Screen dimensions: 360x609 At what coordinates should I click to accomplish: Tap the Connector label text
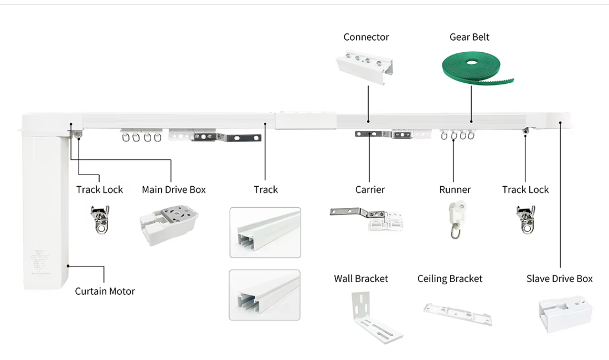point(366,37)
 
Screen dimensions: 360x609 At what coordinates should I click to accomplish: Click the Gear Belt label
point(469,37)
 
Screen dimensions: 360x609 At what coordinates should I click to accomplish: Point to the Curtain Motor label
point(105,291)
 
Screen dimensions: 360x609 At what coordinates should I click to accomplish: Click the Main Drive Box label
point(173,190)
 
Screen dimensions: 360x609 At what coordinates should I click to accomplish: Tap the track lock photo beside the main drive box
point(100,219)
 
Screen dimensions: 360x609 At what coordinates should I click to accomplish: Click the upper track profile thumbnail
point(265,232)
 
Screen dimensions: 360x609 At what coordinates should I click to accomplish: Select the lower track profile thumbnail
point(264,295)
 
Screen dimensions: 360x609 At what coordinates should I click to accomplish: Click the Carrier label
point(370,190)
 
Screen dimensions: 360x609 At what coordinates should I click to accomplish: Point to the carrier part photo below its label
point(367,218)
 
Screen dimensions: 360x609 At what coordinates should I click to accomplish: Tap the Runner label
point(455,190)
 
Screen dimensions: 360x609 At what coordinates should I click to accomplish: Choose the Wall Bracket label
point(361,279)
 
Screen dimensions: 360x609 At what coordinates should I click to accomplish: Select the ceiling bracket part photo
point(458,314)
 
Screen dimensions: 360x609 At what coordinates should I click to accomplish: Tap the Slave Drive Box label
point(559,279)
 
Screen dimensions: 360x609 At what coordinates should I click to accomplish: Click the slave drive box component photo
point(565,314)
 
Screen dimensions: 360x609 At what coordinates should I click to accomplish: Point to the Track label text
point(266,190)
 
